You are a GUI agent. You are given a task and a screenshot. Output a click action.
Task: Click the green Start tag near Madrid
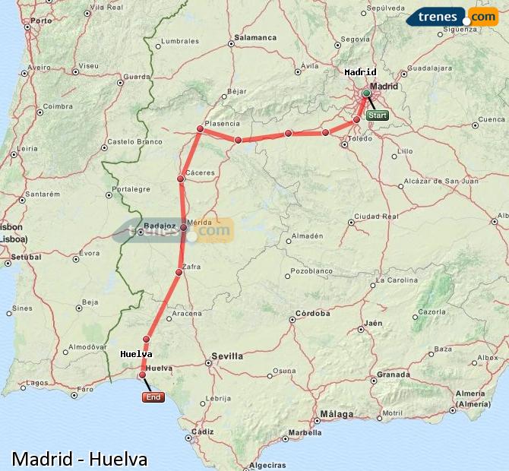pyautogui.click(x=378, y=115)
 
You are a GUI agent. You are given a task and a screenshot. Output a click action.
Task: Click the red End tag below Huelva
pyautogui.click(x=153, y=397)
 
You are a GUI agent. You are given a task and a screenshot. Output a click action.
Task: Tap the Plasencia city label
pyautogui.click(x=222, y=124)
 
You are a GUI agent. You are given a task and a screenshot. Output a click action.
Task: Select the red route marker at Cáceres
pyautogui.click(x=181, y=179)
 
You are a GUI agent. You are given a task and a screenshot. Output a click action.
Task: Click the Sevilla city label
pyautogui.click(x=227, y=356)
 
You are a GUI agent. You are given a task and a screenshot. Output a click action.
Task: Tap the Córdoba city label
pyautogui.click(x=312, y=313)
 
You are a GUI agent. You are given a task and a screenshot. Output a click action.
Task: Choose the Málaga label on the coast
pyautogui.click(x=337, y=414)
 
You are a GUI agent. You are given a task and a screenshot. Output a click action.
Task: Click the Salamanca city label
pyautogui.click(x=255, y=36)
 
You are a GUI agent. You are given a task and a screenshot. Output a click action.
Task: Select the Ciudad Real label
pyautogui.click(x=377, y=216)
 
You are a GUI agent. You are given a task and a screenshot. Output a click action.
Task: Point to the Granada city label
pyautogui.click(x=394, y=375)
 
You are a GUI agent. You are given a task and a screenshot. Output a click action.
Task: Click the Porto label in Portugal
pyautogui.click(x=41, y=21)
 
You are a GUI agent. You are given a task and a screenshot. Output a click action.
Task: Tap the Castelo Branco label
pyautogui.click(x=135, y=141)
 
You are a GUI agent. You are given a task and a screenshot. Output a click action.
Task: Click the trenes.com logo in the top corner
pyautogui.click(x=457, y=17)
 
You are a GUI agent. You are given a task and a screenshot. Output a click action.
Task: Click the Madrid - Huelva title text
pyautogui.click(x=80, y=459)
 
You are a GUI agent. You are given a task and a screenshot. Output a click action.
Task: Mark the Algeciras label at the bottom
pyautogui.click(x=267, y=464)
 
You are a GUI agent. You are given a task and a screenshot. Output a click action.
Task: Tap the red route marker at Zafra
pyautogui.click(x=179, y=272)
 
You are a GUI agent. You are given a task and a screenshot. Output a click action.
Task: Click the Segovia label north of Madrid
pyautogui.click(x=355, y=39)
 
